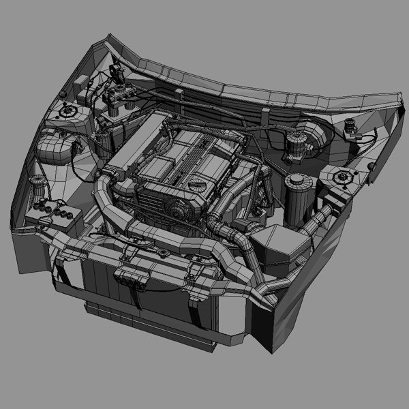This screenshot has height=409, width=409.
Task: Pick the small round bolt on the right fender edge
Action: (371, 166)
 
